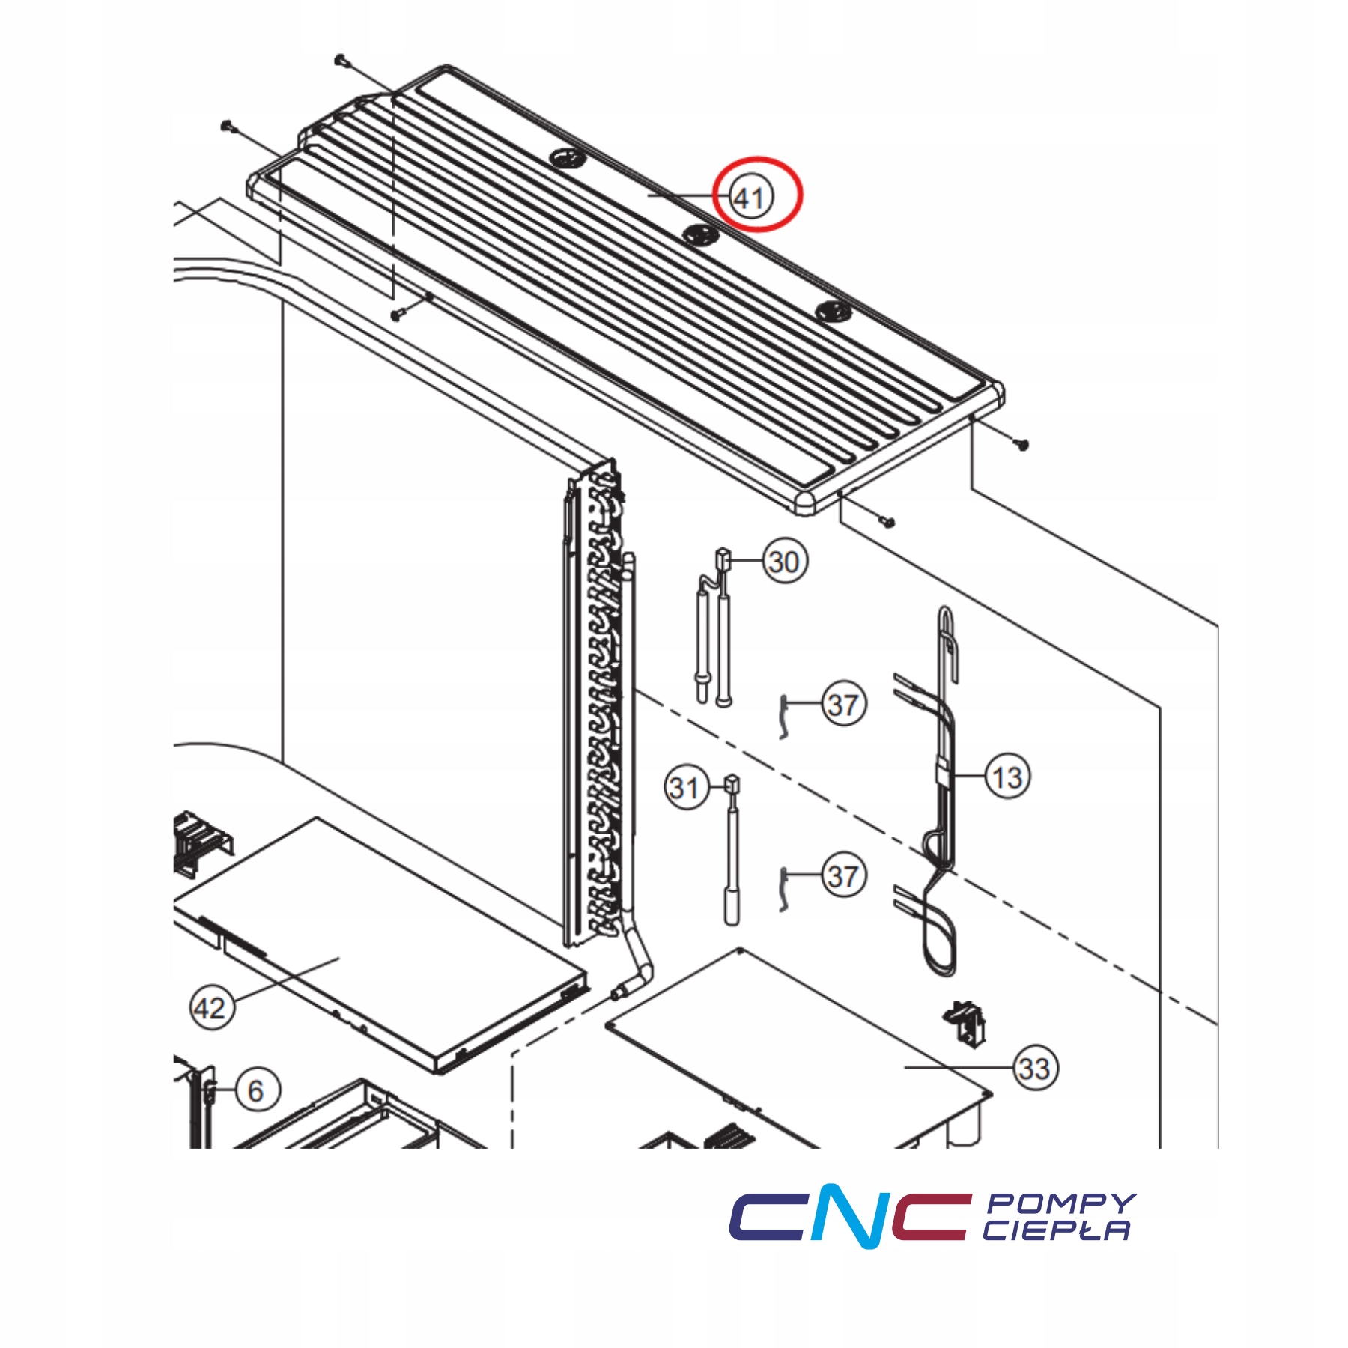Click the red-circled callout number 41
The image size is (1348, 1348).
[x=750, y=198]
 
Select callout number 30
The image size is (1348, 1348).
[x=785, y=562]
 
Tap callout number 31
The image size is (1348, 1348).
[x=685, y=788]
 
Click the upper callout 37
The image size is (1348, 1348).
[x=844, y=705]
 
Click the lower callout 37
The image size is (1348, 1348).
[x=844, y=876]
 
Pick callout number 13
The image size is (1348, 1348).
[x=1007, y=777]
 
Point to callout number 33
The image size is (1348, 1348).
[x=1035, y=1069]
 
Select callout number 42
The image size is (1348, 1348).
[x=210, y=1009]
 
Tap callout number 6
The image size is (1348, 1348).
[x=256, y=1090]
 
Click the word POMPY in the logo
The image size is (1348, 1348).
[x=1061, y=1203]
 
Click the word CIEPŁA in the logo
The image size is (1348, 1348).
[x=1056, y=1230]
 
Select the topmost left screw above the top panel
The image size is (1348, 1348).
[x=341, y=59]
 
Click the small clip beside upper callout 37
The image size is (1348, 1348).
[x=783, y=716]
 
